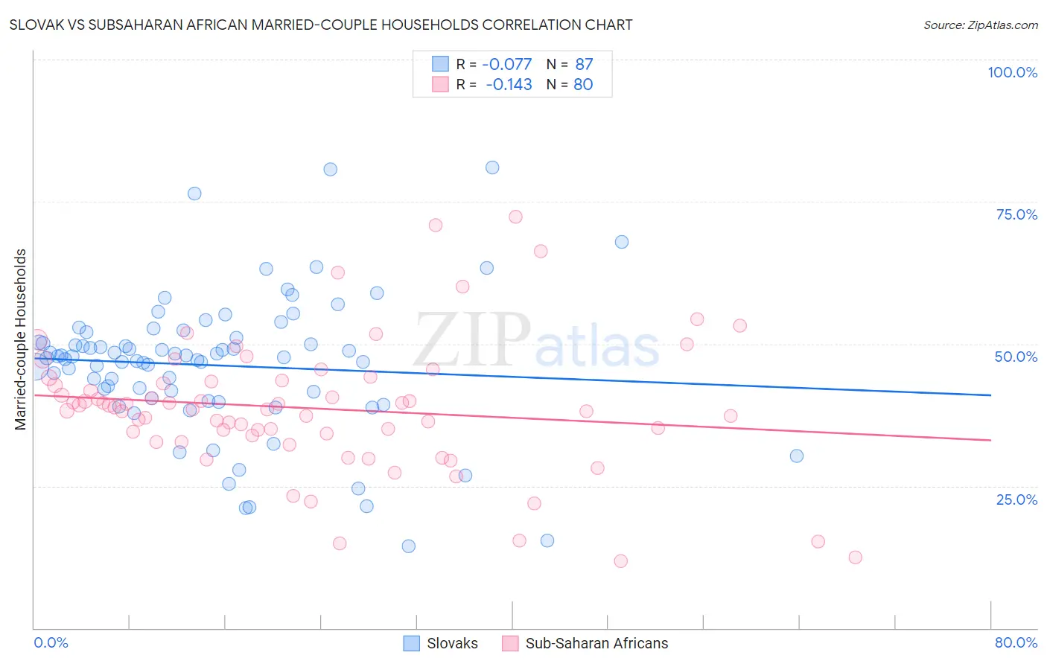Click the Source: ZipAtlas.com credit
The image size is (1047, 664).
[x=980, y=25]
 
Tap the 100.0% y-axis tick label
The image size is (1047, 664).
[x=1012, y=72]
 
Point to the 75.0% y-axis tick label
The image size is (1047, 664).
[x=1016, y=214]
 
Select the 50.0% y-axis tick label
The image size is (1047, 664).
[x=1016, y=357]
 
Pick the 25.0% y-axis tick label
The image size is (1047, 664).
[x=1016, y=499]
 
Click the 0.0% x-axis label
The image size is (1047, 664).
[x=51, y=642]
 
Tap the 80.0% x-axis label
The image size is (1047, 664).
[x=1016, y=642]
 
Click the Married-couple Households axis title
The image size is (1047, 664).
[x=21, y=339]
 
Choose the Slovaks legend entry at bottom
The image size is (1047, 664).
[x=441, y=643]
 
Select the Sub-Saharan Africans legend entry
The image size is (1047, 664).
[x=585, y=643]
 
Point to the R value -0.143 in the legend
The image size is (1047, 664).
[x=509, y=85]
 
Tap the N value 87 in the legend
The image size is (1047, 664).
[x=584, y=64]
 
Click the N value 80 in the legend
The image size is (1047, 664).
[x=583, y=85]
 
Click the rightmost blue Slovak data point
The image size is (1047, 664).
[x=797, y=456]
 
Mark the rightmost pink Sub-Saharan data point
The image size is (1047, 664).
[x=855, y=558]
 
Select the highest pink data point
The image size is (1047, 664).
[x=515, y=217]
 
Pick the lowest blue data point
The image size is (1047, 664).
[x=408, y=546]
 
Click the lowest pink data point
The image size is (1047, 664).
[x=620, y=561]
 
